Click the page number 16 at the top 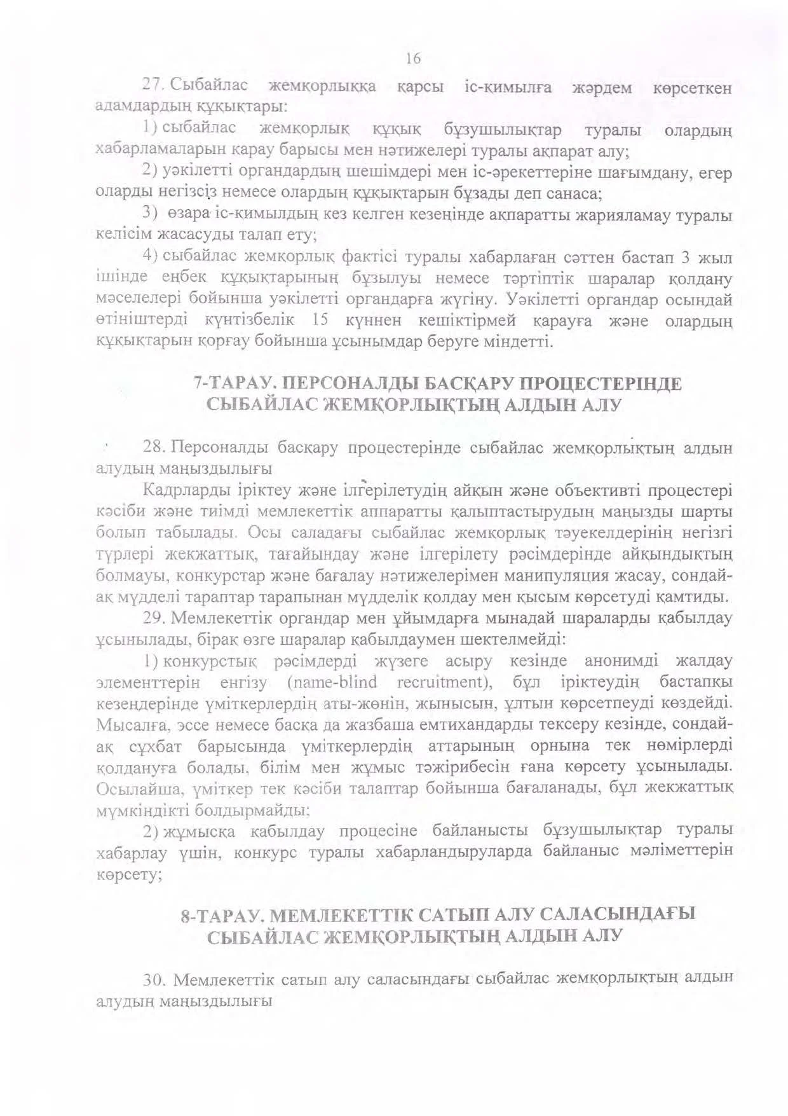tap(413, 59)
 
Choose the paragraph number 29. tap(156, 618)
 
